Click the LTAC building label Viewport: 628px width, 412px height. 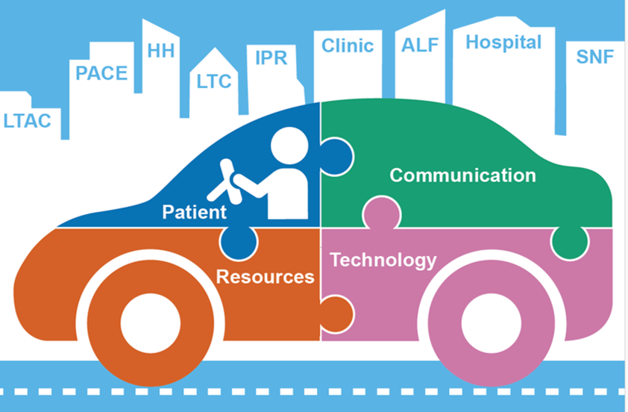click(x=28, y=119)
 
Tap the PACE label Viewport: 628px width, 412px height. click(x=102, y=73)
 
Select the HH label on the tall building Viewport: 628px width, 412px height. click(x=161, y=51)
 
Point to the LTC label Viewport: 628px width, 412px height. click(x=215, y=80)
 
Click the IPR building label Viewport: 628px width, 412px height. click(x=271, y=57)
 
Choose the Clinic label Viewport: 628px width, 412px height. click(x=348, y=46)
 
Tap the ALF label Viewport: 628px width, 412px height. click(x=421, y=46)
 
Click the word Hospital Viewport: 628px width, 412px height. click(x=503, y=43)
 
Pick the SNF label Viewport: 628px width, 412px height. click(x=595, y=56)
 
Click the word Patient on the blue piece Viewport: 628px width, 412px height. click(x=194, y=212)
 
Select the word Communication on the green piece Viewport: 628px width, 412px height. click(x=462, y=175)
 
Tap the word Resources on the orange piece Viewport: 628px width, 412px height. click(x=265, y=277)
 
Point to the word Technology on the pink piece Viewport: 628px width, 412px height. click(x=383, y=260)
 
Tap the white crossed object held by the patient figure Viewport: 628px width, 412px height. click(x=227, y=181)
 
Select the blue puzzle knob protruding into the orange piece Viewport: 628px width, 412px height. click(x=241, y=240)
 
